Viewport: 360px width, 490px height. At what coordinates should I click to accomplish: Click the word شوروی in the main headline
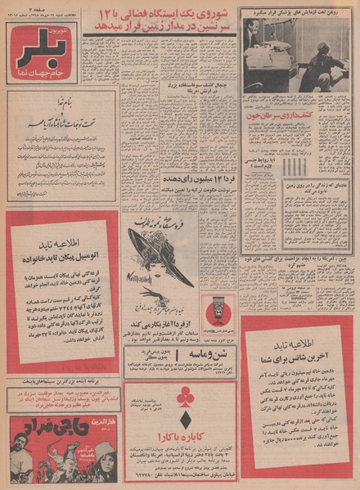coord(216,14)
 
